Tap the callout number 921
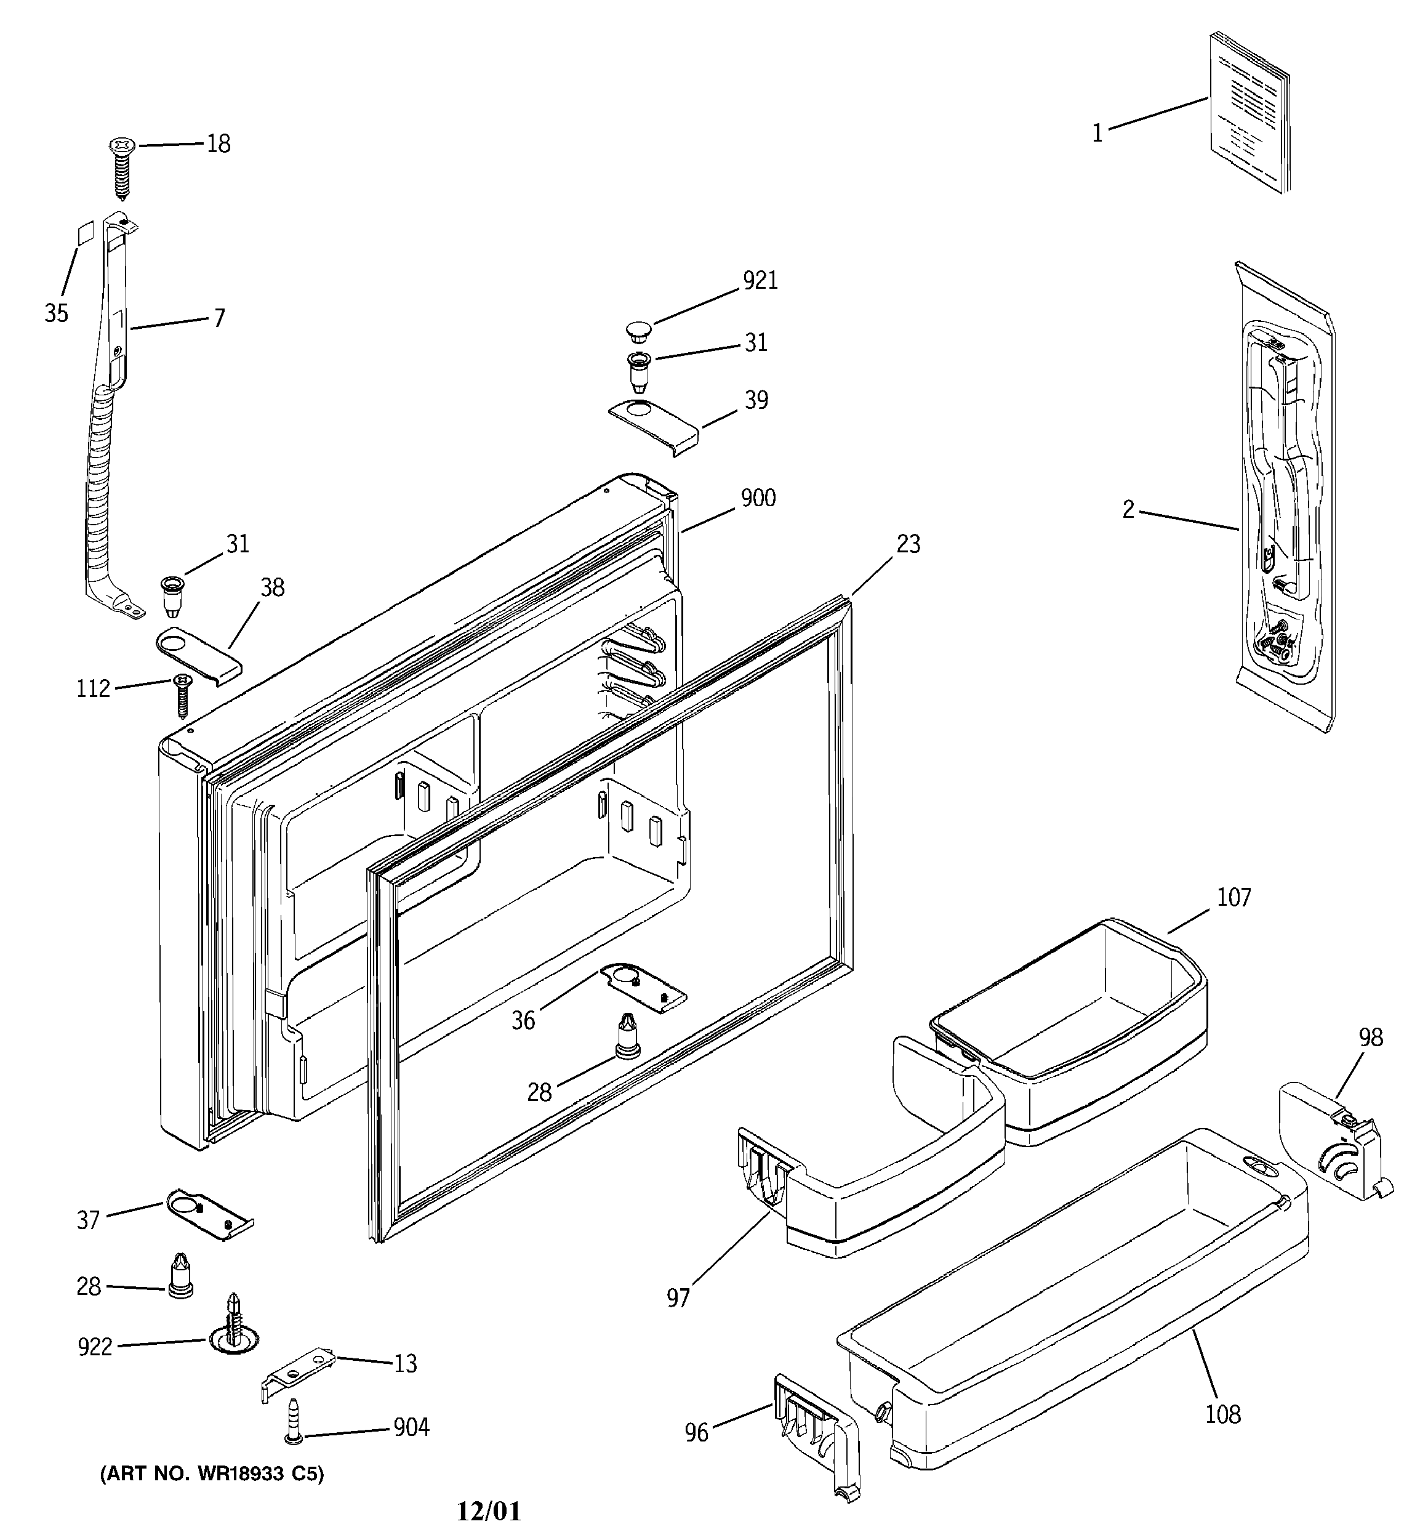(760, 281)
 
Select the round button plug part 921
(637, 331)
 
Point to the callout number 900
(757, 498)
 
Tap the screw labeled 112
(182, 695)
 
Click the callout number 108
(1222, 1414)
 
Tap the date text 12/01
(488, 1511)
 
